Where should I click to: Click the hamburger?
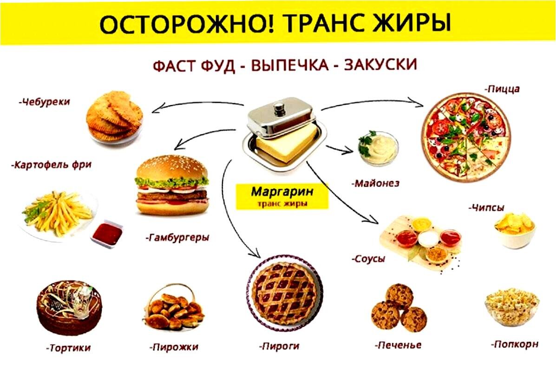(x=171, y=185)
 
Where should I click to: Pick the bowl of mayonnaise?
(x=378, y=148)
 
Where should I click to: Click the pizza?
(x=465, y=138)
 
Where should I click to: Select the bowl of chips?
(x=514, y=230)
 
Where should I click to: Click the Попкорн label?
(x=515, y=344)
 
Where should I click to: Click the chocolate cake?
(x=69, y=307)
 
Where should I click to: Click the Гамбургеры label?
(x=178, y=238)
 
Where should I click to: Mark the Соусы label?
(x=368, y=258)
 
